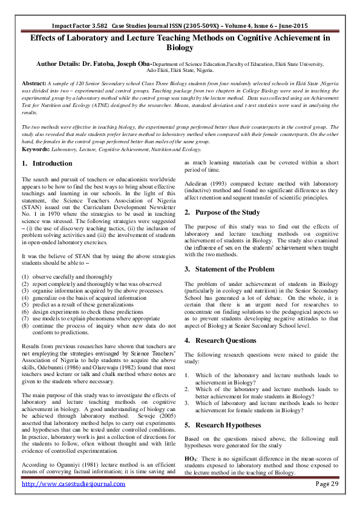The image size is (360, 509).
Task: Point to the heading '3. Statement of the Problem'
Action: (229, 268)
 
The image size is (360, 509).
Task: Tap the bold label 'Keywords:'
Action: (36, 148)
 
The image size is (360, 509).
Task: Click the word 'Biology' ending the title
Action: (180, 47)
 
